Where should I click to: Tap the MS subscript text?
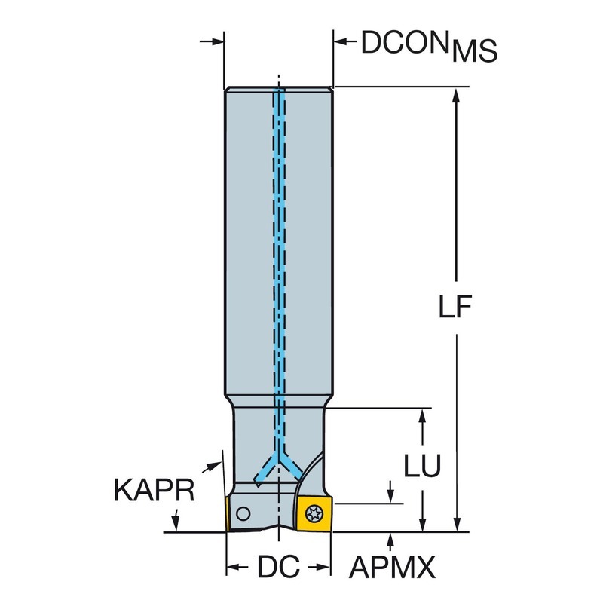(476, 53)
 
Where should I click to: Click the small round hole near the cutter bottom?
(243, 514)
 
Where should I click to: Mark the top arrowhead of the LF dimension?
(456, 94)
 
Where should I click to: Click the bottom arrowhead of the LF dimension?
(456, 525)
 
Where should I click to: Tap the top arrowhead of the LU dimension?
(424, 416)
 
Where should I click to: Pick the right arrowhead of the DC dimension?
(325, 565)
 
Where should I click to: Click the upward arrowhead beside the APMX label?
(390, 538)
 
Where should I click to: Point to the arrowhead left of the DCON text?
(341, 42)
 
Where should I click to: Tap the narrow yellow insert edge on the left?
(227, 514)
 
